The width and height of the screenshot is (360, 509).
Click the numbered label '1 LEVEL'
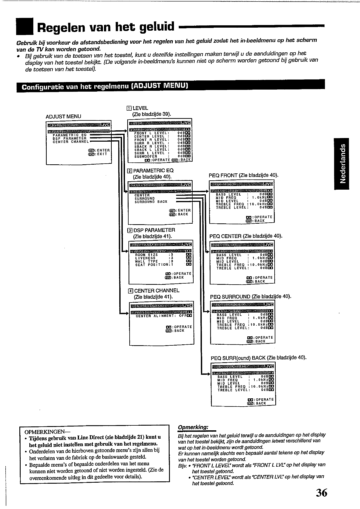[138, 108]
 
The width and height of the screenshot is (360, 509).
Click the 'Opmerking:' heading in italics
[193, 427]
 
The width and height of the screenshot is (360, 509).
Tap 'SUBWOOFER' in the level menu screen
[146, 156]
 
